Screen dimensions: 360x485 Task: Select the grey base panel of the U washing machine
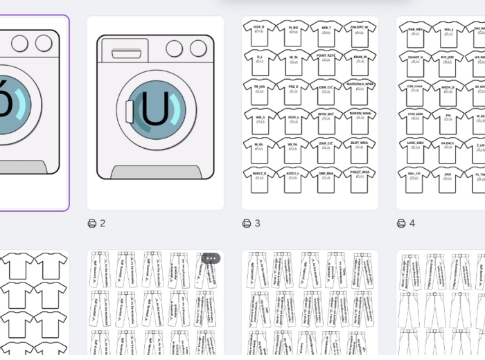click(x=155, y=172)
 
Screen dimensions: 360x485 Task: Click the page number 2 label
click(x=103, y=223)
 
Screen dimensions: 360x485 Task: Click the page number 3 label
click(x=258, y=223)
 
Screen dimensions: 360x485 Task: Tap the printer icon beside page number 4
click(x=401, y=223)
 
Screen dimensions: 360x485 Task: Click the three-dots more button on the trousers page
click(x=211, y=258)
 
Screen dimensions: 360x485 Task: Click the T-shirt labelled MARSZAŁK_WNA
click(x=360, y=91)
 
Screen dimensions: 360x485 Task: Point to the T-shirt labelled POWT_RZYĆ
click(x=326, y=62)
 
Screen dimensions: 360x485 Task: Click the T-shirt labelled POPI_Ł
click(x=293, y=120)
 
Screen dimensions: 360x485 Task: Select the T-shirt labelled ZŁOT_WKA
click(x=360, y=150)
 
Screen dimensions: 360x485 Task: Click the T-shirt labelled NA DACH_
click(x=448, y=150)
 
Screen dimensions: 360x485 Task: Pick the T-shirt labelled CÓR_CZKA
click(x=416, y=91)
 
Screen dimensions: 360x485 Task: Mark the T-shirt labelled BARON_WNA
click(x=360, y=120)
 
